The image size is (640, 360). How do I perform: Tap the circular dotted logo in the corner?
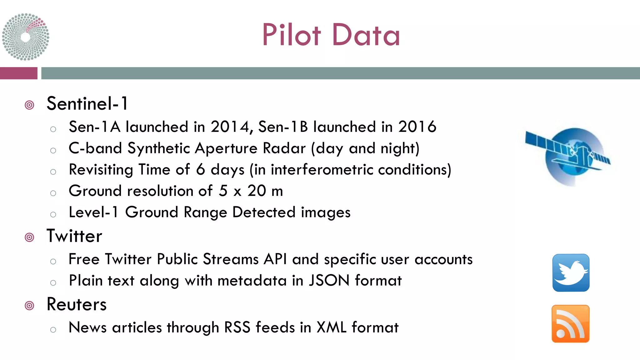pyautogui.click(x=26, y=37)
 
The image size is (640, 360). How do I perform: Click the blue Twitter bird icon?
pyautogui.click(x=571, y=272)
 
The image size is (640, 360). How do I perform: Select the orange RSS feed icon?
pyautogui.click(x=570, y=324)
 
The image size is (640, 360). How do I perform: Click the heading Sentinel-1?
pyautogui.click(x=87, y=103)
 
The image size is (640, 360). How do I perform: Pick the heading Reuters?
pyautogui.click(x=77, y=304)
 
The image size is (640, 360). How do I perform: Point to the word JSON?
pyautogui.click(x=329, y=280)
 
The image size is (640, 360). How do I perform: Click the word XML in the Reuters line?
pyautogui.click(x=331, y=327)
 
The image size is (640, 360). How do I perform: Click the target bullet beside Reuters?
pyautogui.click(x=29, y=305)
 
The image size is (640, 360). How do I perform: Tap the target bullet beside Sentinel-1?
pyautogui.click(x=29, y=105)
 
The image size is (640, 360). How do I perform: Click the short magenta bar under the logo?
pyautogui.click(x=18, y=73)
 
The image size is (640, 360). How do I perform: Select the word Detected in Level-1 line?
pyautogui.click(x=264, y=212)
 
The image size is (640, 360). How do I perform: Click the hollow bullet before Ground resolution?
pyautogui.click(x=53, y=193)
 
